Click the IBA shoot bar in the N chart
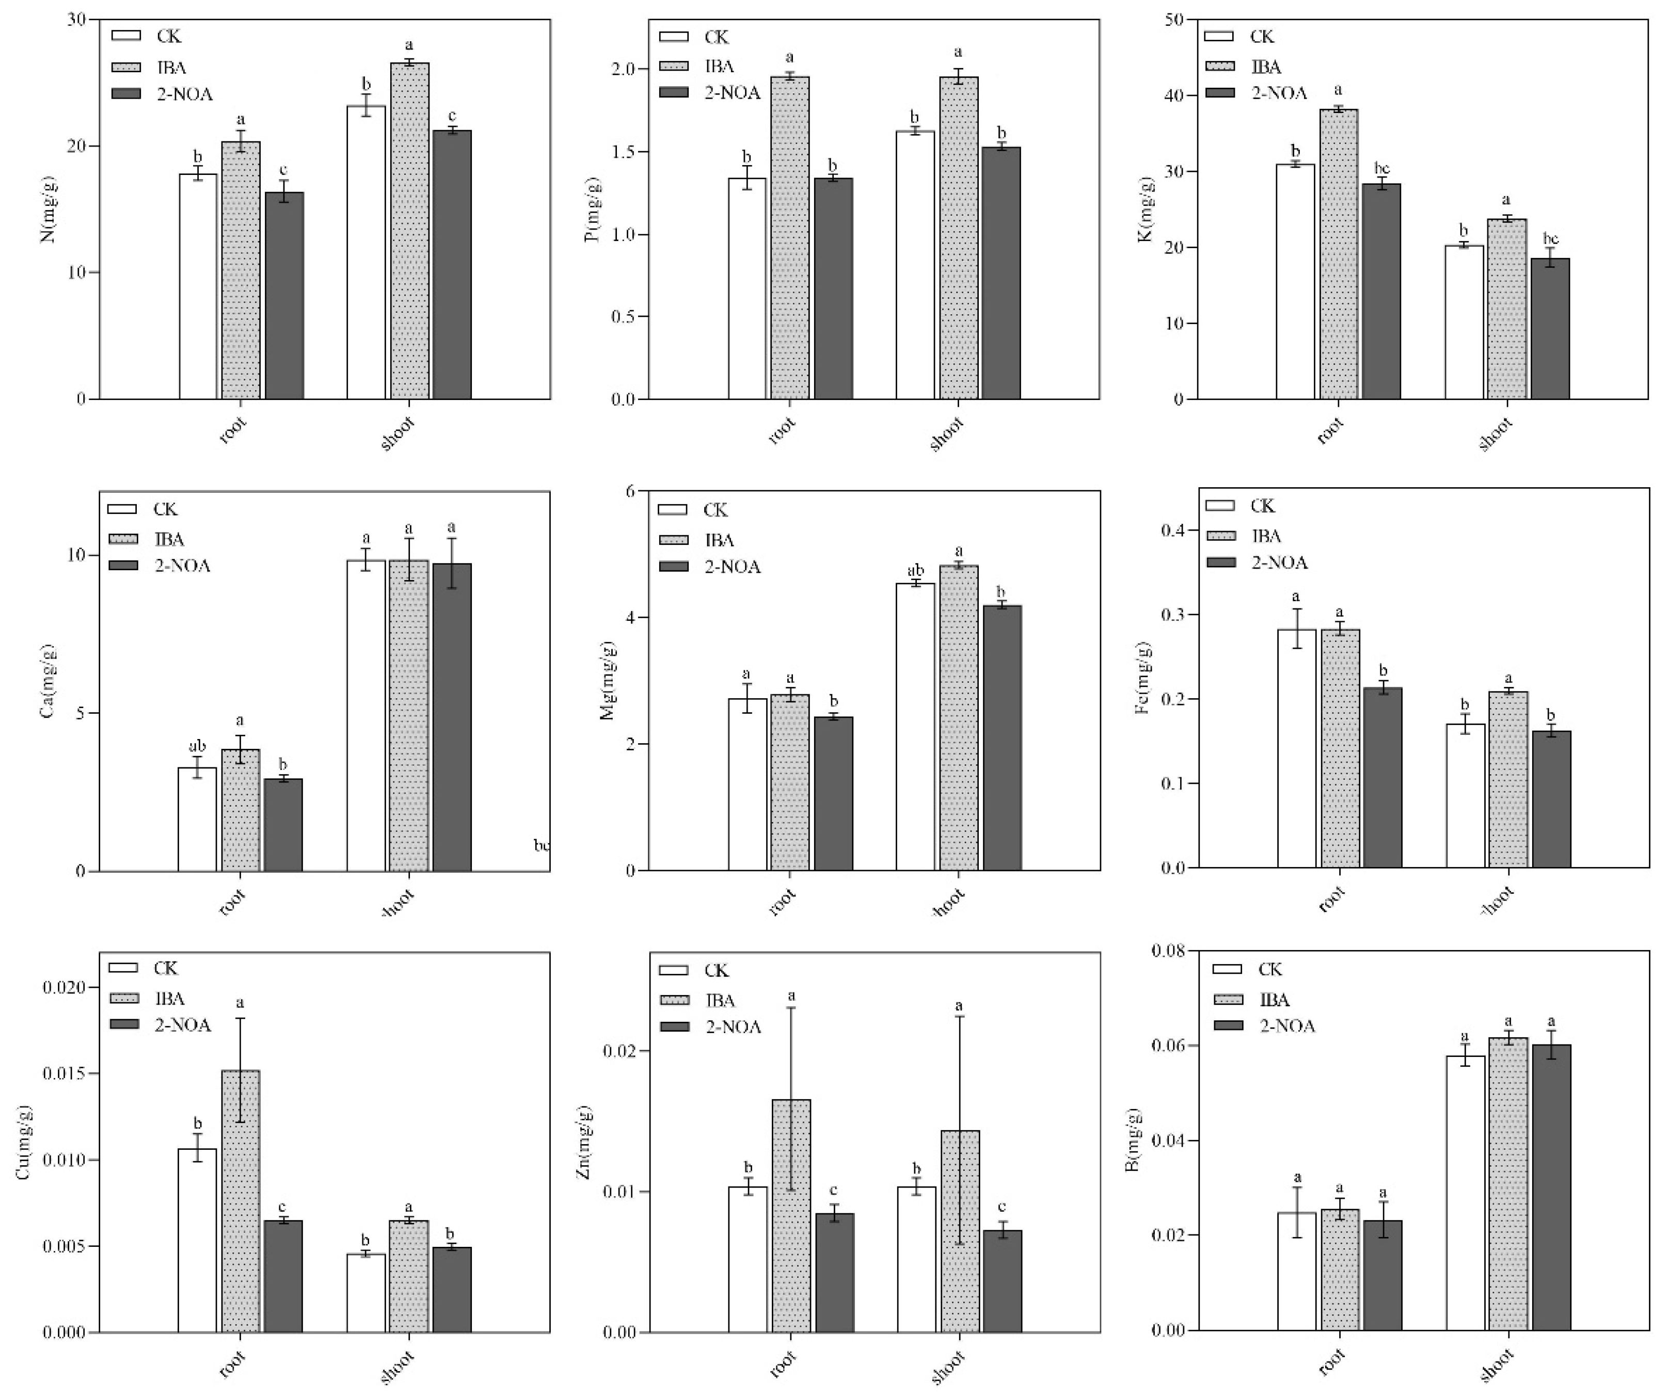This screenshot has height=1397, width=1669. click(x=409, y=231)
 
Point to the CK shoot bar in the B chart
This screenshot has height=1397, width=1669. click(x=1465, y=1193)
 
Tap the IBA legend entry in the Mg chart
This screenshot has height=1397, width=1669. click(x=719, y=540)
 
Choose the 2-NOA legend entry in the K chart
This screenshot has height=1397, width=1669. click(x=1279, y=93)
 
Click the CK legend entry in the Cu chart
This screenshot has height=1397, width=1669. click(x=165, y=968)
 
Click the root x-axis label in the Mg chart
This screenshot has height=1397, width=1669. click(x=783, y=901)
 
